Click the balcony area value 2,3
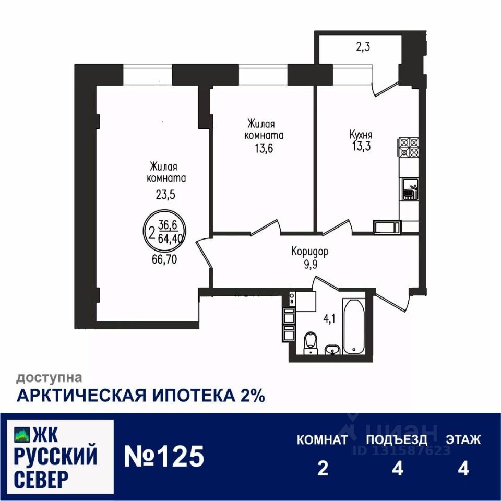363,47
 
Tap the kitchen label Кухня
361,135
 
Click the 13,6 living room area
265,148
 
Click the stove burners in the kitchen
409,148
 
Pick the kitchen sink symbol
409,189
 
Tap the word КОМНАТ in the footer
322,440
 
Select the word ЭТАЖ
463,440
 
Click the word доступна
49,376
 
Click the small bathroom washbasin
331,349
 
